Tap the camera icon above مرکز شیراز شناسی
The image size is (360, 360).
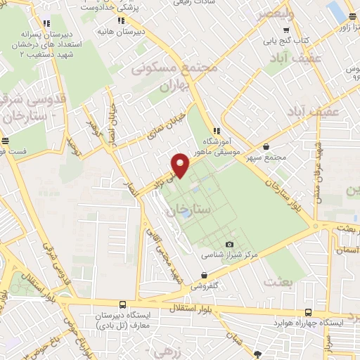tap(229, 245)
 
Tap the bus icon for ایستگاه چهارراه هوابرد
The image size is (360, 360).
tap(308, 313)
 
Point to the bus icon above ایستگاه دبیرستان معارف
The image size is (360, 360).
tap(123, 305)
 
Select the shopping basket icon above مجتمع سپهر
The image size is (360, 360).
tap(266, 146)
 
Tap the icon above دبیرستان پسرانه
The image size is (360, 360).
tap(46, 24)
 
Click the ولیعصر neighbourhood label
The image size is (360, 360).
tap(291, 12)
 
